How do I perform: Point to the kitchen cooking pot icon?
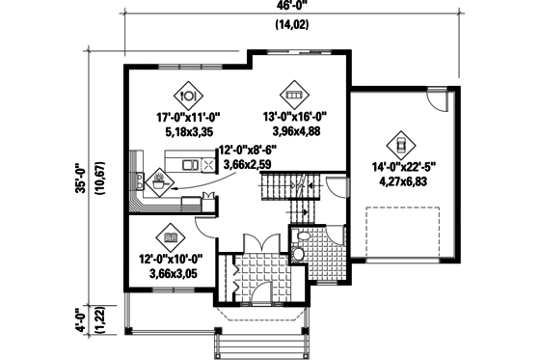click(x=156, y=179)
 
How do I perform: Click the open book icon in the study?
click(x=171, y=236)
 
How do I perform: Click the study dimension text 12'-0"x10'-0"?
click(x=170, y=259)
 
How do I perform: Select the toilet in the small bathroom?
click(x=302, y=236)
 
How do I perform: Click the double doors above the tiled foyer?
click(x=253, y=242)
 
